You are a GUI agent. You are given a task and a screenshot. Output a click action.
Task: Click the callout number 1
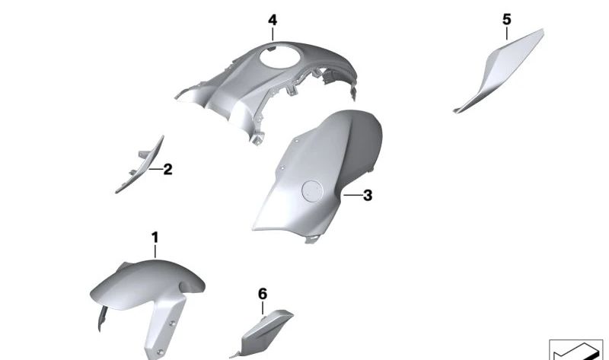click(x=155, y=237)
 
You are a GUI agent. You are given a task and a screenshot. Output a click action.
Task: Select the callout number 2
click(x=167, y=169)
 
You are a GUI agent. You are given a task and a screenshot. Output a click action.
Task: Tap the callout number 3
click(x=368, y=196)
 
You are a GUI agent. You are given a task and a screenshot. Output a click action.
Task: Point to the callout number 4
click(x=273, y=21)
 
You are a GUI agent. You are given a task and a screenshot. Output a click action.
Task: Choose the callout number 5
click(x=507, y=20)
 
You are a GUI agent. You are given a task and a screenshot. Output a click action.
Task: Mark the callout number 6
click(x=263, y=294)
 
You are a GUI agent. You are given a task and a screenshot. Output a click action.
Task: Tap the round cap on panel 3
click(x=312, y=191)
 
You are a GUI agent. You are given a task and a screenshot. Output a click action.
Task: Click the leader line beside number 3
click(x=352, y=195)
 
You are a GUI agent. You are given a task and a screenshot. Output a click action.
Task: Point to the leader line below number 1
click(x=155, y=251)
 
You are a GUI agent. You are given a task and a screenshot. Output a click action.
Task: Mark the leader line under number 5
click(x=507, y=33)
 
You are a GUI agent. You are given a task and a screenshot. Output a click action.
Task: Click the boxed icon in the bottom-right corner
click(x=576, y=349)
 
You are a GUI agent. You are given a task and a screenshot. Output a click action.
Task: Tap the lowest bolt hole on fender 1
click(x=159, y=352)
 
